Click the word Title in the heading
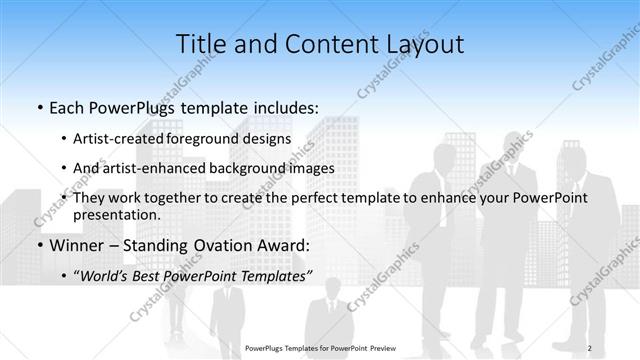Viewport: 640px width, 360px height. click(x=201, y=43)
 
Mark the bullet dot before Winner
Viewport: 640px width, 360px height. click(x=39, y=245)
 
